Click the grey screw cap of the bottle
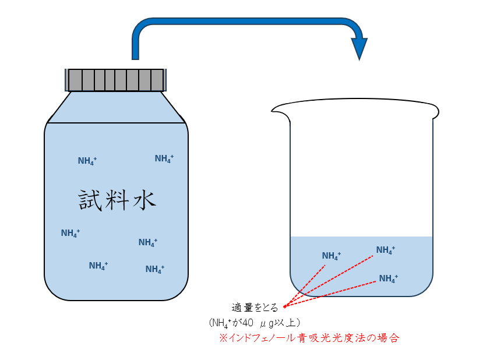117,80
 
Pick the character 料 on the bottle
118,200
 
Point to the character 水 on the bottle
144,200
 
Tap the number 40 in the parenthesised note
247,322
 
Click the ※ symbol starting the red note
223,337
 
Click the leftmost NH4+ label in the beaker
332,256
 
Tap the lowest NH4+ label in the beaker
389,278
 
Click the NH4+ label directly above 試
87,161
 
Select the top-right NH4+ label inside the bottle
164,158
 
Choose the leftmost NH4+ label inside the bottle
70,234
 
